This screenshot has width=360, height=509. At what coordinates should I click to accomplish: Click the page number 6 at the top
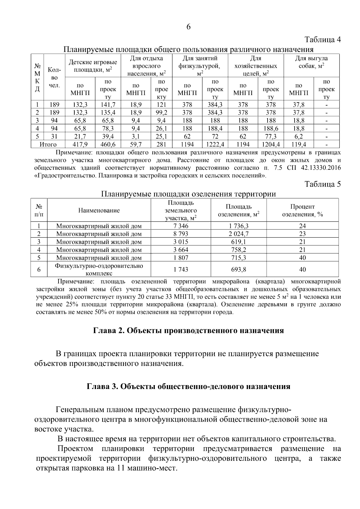point(188,27)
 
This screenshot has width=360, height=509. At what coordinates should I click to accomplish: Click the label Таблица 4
point(322,40)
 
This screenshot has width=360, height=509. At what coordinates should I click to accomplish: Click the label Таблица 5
point(322,184)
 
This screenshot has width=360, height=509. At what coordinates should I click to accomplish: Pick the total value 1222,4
point(215,145)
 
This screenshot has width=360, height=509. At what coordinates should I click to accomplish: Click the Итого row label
point(48,145)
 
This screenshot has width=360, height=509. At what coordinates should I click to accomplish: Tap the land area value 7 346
point(181,226)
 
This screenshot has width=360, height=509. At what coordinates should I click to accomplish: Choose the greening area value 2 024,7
point(238,234)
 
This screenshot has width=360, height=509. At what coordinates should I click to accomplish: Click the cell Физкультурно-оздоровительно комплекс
point(99,269)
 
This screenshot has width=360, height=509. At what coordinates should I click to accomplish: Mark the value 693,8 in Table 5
point(238,269)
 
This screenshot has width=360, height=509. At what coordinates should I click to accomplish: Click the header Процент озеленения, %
point(302,211)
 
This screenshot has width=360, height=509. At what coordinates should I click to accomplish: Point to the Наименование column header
point(99,211)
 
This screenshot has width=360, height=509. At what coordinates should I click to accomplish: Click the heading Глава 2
point(188,331)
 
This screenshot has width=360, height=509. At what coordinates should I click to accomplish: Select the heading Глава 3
point(188,386)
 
